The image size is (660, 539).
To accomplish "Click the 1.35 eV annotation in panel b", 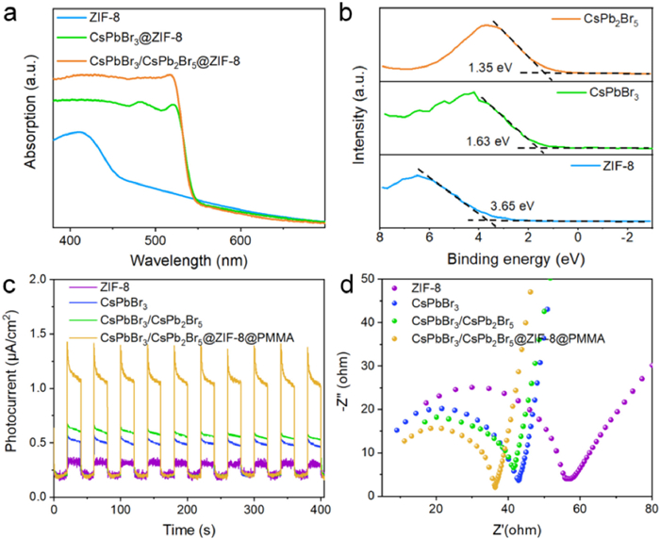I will point(487,68).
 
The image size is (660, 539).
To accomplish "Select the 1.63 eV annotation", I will point(487,141).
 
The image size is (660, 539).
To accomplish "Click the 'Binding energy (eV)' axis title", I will point(515,257).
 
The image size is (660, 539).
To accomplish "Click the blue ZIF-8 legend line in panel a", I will point(66,16).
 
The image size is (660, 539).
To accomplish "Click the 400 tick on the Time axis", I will point(321,510).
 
